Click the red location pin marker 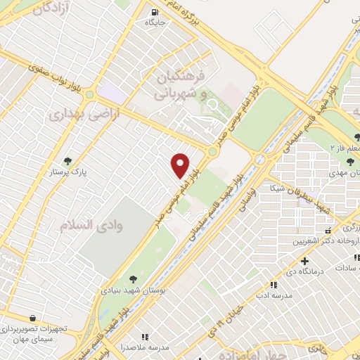[181, 165]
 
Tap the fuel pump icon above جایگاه [154, 12]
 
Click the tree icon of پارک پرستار [68, 160]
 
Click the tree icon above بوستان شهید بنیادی [134, 278]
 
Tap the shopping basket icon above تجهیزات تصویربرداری [32, 319]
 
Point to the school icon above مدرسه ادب [274, 285]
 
